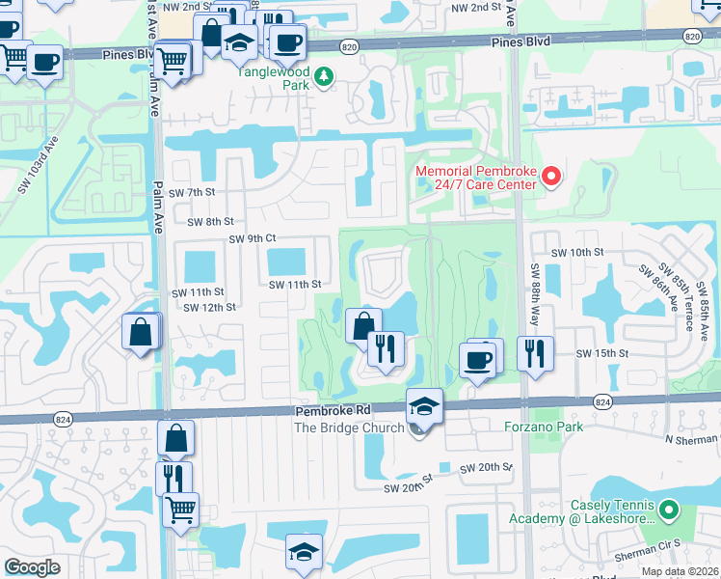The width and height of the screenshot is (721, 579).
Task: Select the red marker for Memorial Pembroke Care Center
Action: [551, 177]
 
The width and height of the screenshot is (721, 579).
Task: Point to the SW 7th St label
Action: [190, 193]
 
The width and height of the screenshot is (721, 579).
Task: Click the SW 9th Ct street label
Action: [253, 238]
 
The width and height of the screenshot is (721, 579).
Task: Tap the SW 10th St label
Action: [576, 252]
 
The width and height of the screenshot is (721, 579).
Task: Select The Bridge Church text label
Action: [349, 427]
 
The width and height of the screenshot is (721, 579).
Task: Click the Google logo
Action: [32, 567]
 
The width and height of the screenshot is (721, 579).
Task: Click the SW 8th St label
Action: [211, 221]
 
